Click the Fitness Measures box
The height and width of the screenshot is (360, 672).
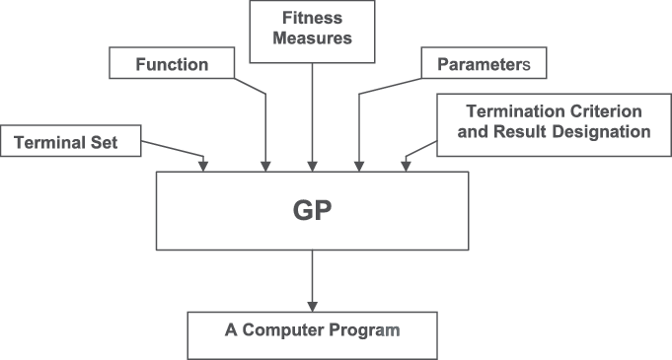point(313,29)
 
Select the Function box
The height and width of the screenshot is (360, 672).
point(172,66)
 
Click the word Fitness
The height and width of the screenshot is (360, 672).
point(313,17)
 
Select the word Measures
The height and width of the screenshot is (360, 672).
point(313,39)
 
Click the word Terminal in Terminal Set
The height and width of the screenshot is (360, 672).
point(51,143)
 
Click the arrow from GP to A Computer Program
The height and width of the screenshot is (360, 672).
point(313,280)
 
